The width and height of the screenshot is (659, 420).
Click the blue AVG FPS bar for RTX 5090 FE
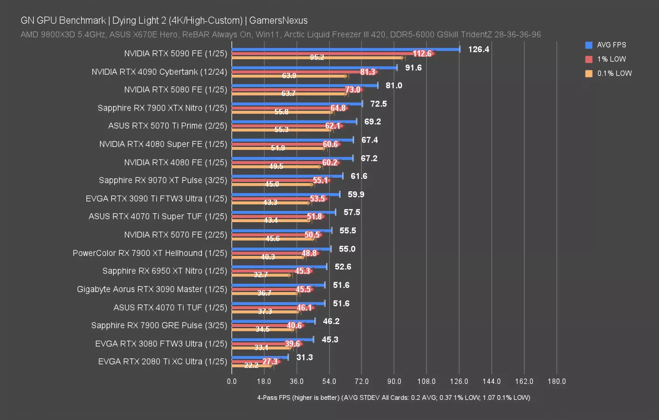click(345, 49)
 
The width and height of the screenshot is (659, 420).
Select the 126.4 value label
click(479, 49)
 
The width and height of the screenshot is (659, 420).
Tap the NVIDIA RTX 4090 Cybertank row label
click(159, 72)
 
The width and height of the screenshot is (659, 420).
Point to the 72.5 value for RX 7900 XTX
click(378, 104)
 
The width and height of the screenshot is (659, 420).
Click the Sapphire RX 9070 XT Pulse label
click(163, 180)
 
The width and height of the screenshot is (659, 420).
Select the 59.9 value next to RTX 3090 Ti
click(356, 194)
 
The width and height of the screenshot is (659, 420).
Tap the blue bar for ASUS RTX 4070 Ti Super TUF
click(284, 212)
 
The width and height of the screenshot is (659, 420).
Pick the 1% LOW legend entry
click(611, 59)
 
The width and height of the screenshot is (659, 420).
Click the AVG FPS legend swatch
click(589, 45)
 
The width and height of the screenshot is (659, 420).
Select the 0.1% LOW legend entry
click(614, 73)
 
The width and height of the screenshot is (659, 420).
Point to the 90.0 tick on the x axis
click(394, 381)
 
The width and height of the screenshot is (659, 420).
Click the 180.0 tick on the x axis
click(556, 381)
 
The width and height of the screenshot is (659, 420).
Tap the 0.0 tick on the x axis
click(232, 381)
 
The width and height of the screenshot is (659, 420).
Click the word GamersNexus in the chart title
click(278, 21)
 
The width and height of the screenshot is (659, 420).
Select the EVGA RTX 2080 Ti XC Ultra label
click(162, 362)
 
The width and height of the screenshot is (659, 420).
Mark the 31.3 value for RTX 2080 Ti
click(305, 357)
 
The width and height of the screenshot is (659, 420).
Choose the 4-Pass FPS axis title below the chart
click(393, 398)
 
